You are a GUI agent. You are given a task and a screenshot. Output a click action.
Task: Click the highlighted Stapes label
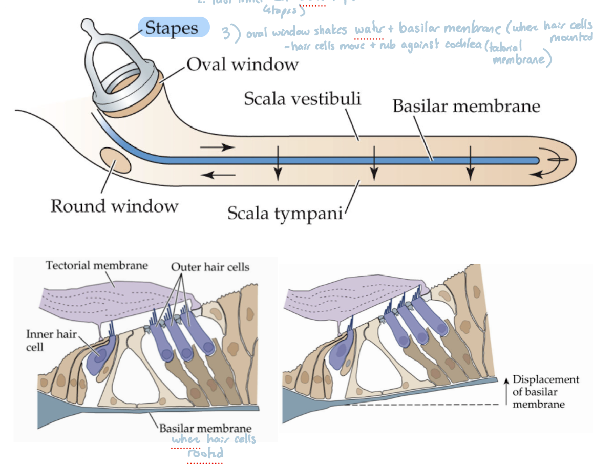173,28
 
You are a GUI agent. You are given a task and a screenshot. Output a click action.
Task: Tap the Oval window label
242,64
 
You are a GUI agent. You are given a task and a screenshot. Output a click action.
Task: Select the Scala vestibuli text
302,98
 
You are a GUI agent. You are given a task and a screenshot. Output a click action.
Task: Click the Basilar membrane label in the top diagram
466,106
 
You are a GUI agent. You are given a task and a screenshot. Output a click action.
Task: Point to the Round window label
114,206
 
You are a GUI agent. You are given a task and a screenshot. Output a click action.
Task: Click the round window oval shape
116,160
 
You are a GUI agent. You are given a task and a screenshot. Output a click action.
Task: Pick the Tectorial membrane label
96,266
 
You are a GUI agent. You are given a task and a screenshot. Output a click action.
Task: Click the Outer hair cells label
210,267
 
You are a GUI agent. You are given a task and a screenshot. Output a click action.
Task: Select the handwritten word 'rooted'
205,453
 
